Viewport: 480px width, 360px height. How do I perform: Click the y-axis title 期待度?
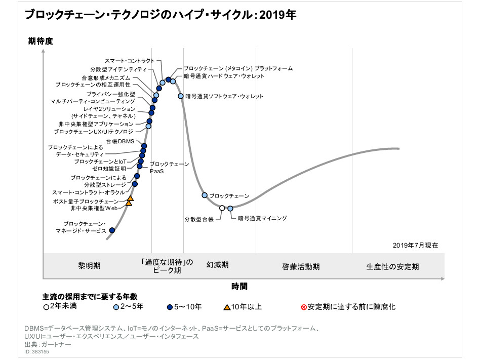(41, 41)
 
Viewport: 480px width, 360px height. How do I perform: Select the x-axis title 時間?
(239, 287)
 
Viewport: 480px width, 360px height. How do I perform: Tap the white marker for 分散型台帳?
(222, 208)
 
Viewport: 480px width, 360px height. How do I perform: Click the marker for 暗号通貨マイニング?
(230, 208)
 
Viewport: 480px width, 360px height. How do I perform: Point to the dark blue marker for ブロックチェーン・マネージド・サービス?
(112, 230)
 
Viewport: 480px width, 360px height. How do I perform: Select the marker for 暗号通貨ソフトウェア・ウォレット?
(181, 96)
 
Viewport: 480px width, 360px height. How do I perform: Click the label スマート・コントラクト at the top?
(134, 61)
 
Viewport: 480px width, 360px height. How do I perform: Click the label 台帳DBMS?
(120, 141)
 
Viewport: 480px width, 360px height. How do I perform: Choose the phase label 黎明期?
(89, 266)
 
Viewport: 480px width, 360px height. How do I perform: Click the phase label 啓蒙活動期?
(301, 266)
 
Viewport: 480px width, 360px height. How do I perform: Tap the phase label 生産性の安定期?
(393, 266)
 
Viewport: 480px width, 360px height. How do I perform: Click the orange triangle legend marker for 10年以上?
(228, 306)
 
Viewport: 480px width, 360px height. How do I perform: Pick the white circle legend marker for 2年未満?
(47, 306)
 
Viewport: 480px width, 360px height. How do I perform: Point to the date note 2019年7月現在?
(415, 245)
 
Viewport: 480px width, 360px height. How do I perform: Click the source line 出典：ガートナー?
(48, 344)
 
